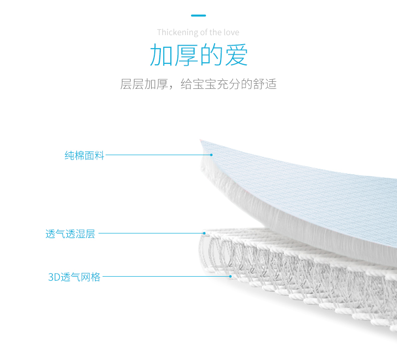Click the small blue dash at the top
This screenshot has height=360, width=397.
198,16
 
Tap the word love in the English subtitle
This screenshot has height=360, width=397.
230,33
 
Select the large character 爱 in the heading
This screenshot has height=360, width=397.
236,55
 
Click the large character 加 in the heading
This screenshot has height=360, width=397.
162,55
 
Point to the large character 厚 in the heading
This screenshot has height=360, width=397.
186,55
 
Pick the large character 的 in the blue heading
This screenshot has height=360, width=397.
212,55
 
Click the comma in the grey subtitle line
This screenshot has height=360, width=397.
171,86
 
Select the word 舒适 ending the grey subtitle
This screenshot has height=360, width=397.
265,84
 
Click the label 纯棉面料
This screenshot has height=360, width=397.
84,156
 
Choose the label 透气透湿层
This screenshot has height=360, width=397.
70,234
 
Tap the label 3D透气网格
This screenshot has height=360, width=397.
74,277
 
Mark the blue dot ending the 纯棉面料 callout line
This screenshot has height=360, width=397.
212,155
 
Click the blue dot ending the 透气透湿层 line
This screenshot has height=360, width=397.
205,233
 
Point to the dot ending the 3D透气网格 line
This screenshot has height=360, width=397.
230,276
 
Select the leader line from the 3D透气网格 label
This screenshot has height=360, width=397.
166,276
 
